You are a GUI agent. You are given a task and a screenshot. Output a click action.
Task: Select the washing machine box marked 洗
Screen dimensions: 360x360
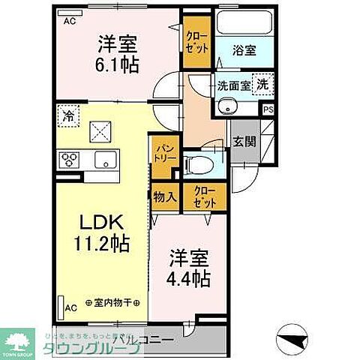pyautogui.click(x=262, y=84)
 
